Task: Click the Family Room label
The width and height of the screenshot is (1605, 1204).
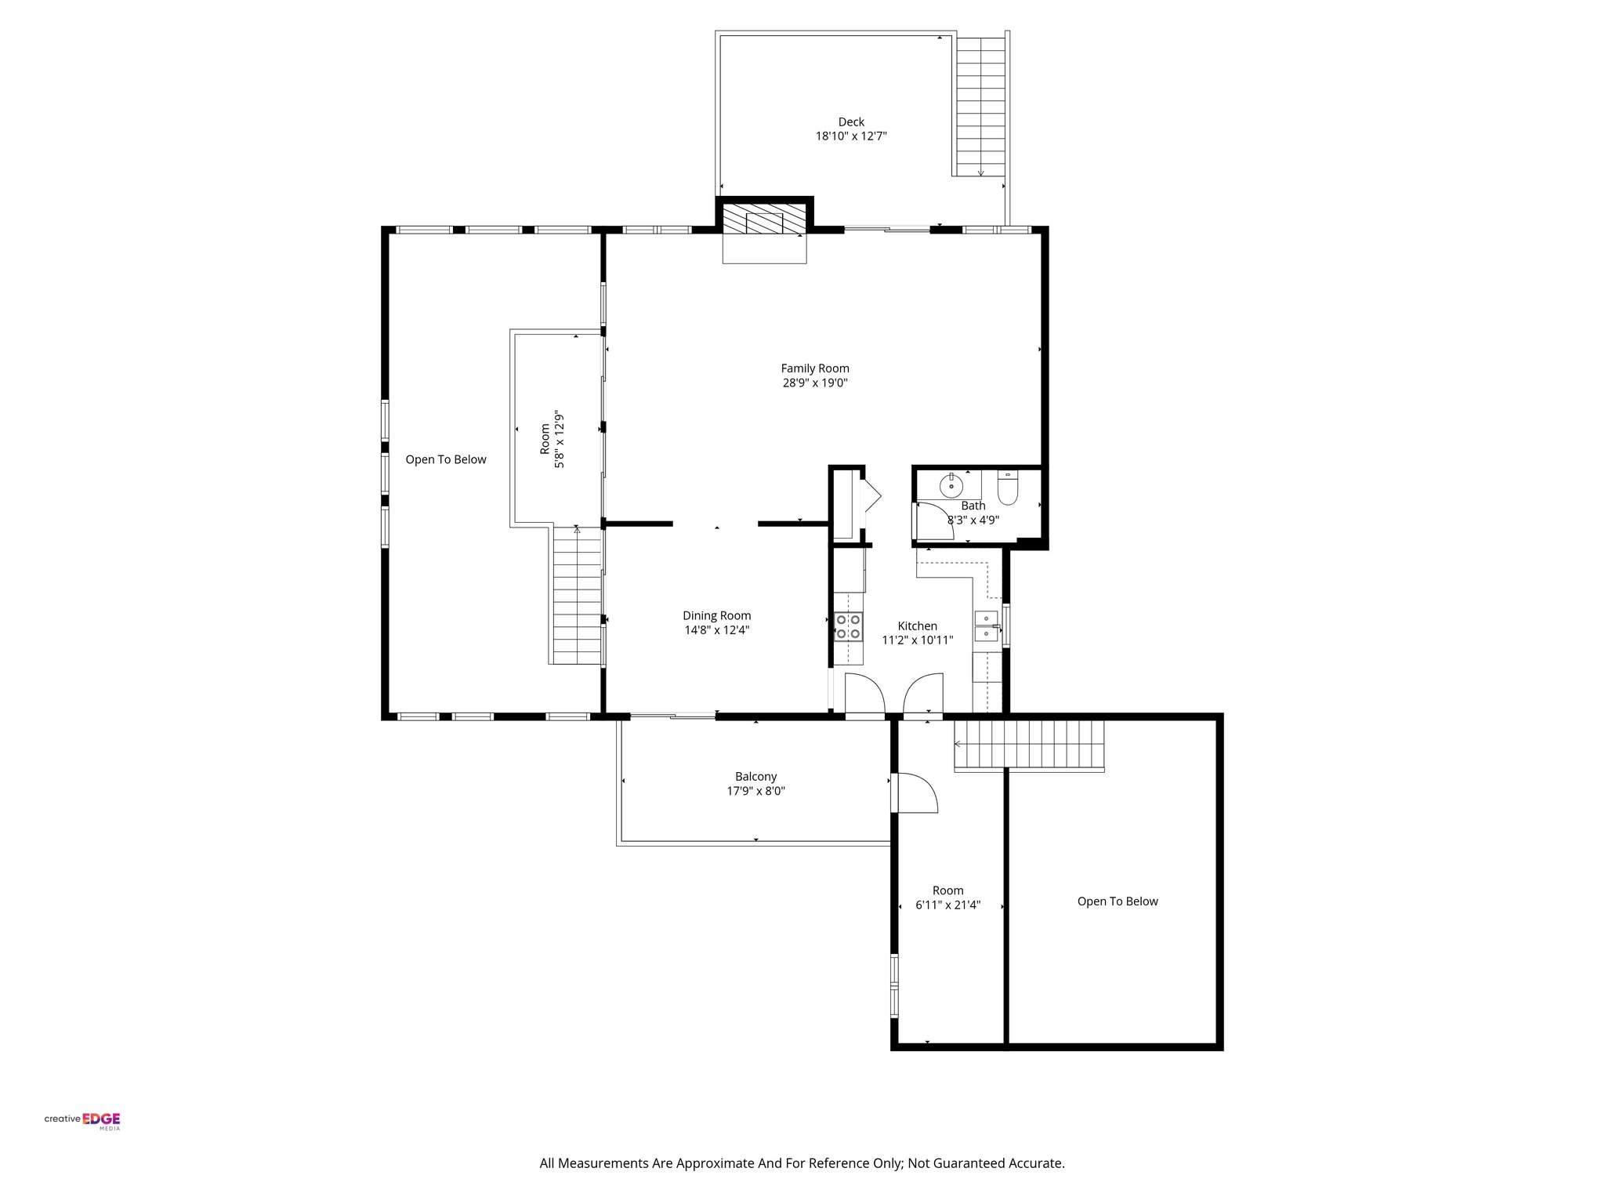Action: click(814, 368)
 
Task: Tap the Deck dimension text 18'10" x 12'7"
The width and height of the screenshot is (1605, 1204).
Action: click(851, 136)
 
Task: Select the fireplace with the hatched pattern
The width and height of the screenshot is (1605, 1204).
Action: click(764, 221)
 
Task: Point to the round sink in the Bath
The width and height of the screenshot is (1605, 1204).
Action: click(951, 486)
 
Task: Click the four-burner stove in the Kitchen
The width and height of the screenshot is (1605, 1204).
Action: click(848, 627)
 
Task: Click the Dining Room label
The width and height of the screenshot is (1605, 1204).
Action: click(716, 616)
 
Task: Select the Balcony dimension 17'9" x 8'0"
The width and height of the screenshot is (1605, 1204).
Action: click(755, 792)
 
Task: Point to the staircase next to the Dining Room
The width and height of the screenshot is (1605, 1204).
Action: click(577, 596)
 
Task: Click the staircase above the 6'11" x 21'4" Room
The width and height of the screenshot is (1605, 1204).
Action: click(1028, 745)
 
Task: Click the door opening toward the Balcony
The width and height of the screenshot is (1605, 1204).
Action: click(915, 793)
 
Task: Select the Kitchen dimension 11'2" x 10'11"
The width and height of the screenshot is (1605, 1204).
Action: click(917, 640)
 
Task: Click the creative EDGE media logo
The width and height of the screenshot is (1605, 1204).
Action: click(82, 1120)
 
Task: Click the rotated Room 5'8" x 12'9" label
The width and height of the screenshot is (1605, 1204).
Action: click(552, 440)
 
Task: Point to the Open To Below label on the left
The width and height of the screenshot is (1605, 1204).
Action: click(446, 460)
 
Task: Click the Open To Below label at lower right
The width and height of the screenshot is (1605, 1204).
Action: click(1117, 901)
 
